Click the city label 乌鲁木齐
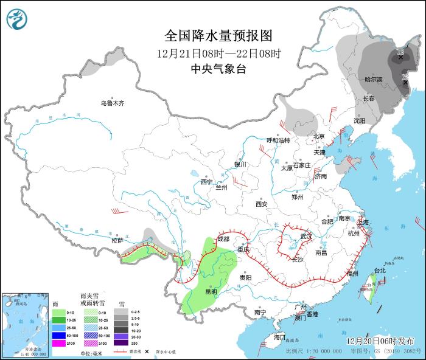(113, 103)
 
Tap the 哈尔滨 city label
(373, 80)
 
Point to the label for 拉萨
(117, 240)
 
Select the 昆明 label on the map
(211, 291)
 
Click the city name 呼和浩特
(279, 140)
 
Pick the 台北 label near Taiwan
(379, 270)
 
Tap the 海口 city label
(279, 337)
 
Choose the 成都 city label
(223, 239)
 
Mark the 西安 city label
(262, 204)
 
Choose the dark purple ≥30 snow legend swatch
(122, 344)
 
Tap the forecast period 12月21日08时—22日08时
(217, 53)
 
